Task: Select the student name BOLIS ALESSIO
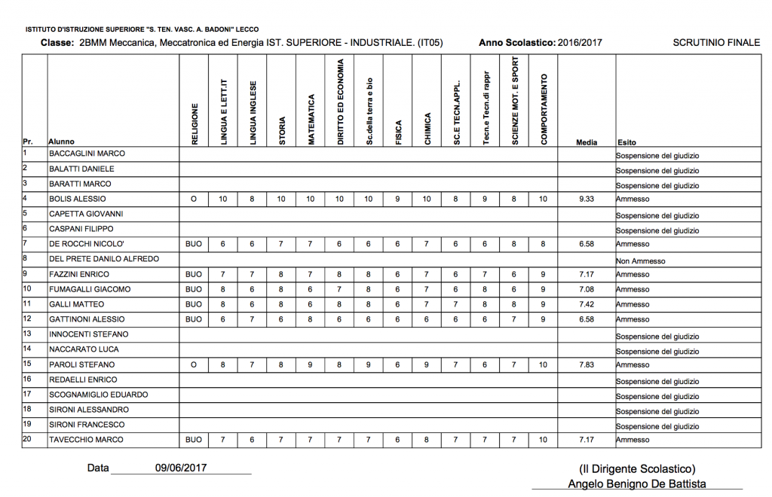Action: click(78, 199)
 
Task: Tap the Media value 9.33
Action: click(587, 199)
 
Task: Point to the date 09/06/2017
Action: click(181, 468)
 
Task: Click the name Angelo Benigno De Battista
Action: click(637, 484)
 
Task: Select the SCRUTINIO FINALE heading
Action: click(716, 43)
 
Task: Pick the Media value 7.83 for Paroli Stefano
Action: click(587, 364)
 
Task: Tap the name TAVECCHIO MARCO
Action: click(86, 440)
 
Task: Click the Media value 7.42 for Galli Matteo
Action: click(587, 304)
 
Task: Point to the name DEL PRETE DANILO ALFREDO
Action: click(104, 259)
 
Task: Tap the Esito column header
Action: click(626, 142)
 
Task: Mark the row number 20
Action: click(28, 439)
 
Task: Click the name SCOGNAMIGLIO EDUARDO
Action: click(98, 395)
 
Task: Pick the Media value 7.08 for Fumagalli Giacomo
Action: click(587, 289)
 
